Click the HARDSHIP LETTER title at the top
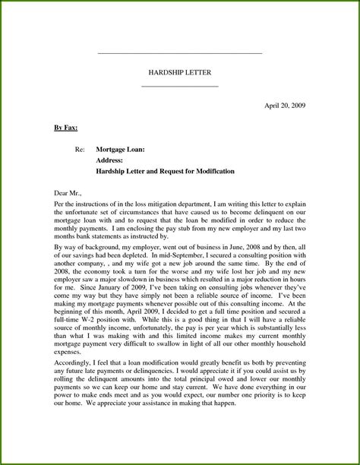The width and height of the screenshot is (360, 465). (x=180, y=71)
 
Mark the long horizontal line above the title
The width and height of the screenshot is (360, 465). (x=180, y=53)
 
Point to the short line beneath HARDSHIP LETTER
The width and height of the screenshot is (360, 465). (x=180, y=85)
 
